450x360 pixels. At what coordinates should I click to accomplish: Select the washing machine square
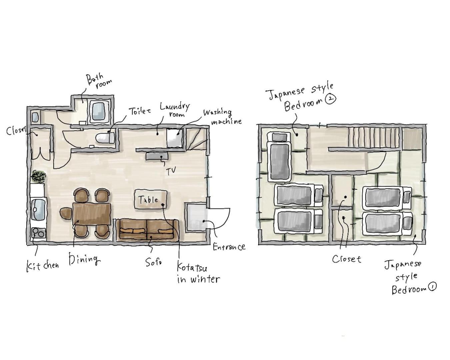tap(175, 138)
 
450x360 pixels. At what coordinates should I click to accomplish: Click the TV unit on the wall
tap(157, 156)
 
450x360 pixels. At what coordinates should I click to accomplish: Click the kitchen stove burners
tap(39, 233)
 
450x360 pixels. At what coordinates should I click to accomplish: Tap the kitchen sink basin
tap(38, 209)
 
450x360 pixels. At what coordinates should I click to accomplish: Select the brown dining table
tap(92, 214)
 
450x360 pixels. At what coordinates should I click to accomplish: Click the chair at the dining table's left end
tap(66, 213)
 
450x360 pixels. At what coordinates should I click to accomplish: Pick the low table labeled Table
tap(151, 199)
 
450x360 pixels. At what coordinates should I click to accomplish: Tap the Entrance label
tap(229, 247)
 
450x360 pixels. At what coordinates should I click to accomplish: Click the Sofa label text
tap(154, 262)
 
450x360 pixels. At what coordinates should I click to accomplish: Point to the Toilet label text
tap(140, 111)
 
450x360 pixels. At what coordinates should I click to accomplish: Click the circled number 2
tap(331, 99)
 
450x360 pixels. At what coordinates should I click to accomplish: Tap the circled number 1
tap(432, 287)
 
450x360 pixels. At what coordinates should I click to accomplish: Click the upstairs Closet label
tap(346, 259)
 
